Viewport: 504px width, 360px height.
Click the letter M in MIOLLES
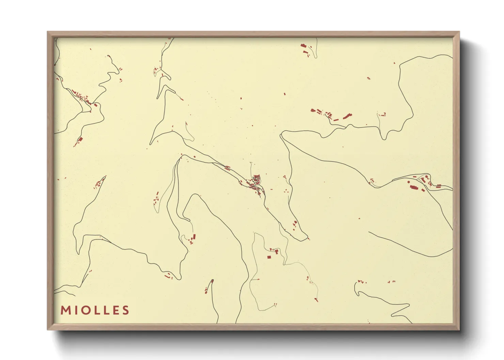pos(65,310)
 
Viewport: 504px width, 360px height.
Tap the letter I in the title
pos(75,310)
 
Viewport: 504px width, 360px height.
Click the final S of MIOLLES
pos(126,310)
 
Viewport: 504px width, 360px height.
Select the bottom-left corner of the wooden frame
pos(48,329)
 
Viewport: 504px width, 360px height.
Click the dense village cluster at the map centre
pos(256,182)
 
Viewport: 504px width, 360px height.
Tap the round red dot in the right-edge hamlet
pos(409,182)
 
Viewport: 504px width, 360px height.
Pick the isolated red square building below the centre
pos(269,257)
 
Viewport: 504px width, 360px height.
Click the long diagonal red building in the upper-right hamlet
pos(347,116)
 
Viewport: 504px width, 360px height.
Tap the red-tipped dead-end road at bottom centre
pos(212,281)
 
